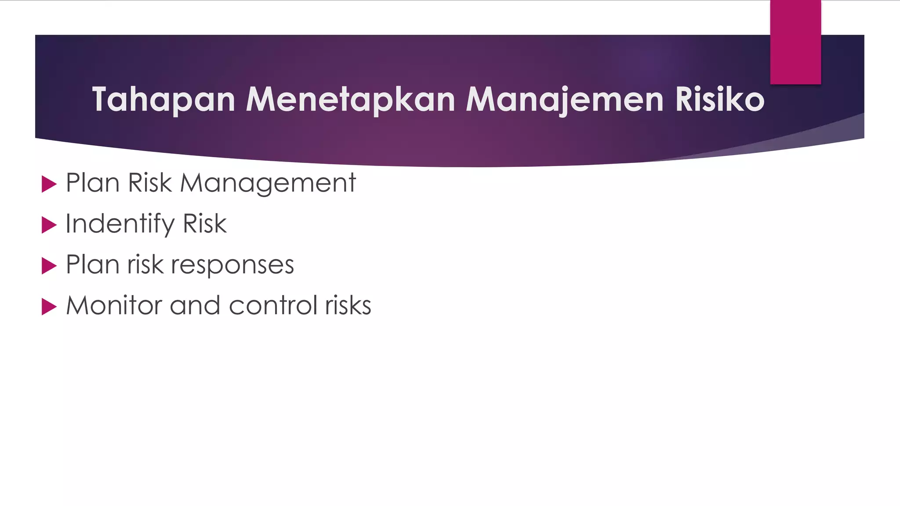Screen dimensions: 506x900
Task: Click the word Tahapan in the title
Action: [x=163, y=100]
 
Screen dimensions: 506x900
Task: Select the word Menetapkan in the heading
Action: [x=350, y=100]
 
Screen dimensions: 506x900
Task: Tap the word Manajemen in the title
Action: [x=564, y=100]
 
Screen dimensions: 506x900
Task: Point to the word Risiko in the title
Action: [x=720, y=100]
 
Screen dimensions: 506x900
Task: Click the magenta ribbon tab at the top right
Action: [x=795, y=42]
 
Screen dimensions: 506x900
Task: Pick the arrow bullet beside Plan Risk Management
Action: [x=49, y=184]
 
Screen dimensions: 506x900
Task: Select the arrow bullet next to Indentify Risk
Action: [x=49, y=225]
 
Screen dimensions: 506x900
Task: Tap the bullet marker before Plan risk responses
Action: [x=49, y=266]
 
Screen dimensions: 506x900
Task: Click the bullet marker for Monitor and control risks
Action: [x=49, y=307]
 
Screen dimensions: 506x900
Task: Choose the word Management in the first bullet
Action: [x=268, y=183]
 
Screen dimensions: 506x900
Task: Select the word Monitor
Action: [x=114, y=305]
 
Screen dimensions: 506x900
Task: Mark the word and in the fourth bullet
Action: [x=195, y=305]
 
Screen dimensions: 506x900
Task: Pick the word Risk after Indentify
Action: [x=205, y=224]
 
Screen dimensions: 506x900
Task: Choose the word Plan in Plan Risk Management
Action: [x=92, y=183]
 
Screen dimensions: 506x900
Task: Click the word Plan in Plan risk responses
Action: [x=92, y=264]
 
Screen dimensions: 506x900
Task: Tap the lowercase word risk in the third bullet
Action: [x=145, y=264]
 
